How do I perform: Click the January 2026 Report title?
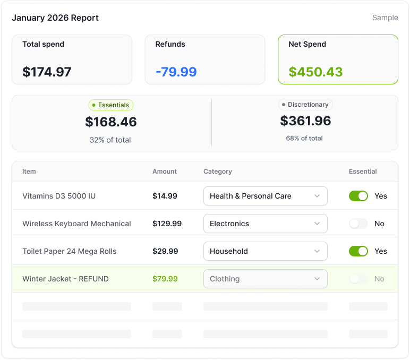coord(55,18)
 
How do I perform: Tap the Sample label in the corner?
coord(385,18)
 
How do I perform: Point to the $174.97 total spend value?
coord(47,72)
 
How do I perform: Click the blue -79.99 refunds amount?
coord(176,72)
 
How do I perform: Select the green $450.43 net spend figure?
coord(315,72)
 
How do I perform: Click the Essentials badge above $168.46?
coord(111,105)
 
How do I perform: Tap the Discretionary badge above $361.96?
coord(305,105)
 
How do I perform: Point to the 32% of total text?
coord(110,140)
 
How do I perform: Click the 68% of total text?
coord(304,138)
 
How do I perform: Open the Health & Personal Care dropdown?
coord(265,196)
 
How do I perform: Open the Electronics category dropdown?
coord(265,224)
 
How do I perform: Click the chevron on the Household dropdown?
coord(317,251)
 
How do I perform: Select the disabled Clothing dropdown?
coord(265,279)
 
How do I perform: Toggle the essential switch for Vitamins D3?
coord(358,196)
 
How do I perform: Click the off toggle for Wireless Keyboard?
coord(358,224)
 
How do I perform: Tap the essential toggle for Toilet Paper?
coord(358,251)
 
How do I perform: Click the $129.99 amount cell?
coord(167,224)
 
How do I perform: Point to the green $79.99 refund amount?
coord(165,279)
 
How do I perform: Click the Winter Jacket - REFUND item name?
coord(65,279)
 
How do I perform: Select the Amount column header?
coord(165,172)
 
